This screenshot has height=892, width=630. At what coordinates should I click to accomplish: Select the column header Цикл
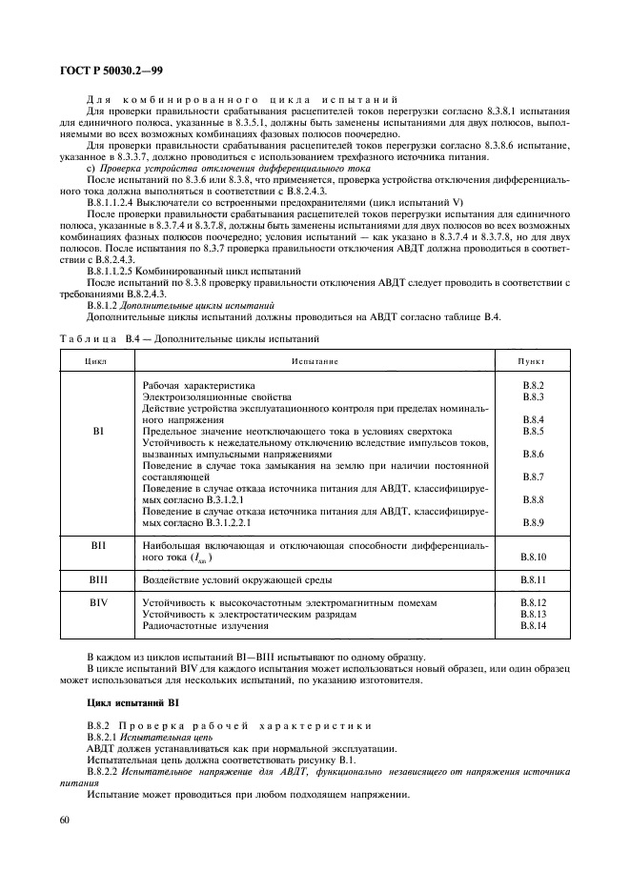97,361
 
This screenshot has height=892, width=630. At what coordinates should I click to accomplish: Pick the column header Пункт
532,361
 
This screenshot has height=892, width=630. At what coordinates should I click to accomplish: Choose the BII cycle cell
98,549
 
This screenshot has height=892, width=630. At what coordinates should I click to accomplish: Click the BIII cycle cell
99,578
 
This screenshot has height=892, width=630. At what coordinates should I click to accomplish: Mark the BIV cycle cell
99,602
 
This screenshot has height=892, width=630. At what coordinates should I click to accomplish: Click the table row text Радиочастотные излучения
202,626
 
